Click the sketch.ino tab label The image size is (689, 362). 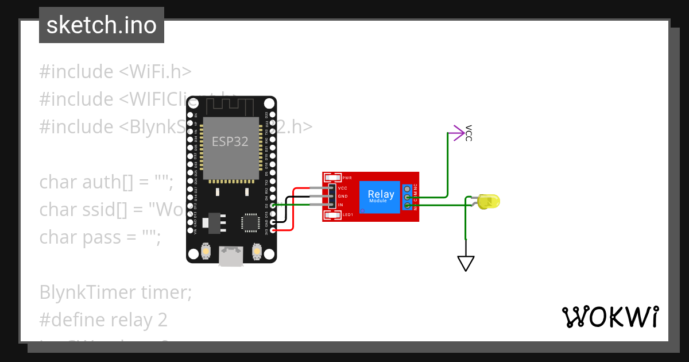tap(102, 25)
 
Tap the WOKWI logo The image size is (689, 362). tap(610, 317)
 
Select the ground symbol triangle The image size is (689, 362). tap(466, 263)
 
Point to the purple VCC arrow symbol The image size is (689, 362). tap(458, 133)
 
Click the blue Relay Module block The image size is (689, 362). tap(381, 197)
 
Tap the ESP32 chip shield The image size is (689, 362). tap(230, 147)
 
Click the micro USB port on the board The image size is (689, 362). tap(231, 256)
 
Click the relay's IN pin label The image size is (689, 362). tap(341, 205)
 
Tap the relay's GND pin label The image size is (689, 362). tap(343, 197)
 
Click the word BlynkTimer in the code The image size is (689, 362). tap(87, 292)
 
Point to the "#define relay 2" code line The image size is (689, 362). tap(103, 319)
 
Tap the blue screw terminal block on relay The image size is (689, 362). tap(407, 197)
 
